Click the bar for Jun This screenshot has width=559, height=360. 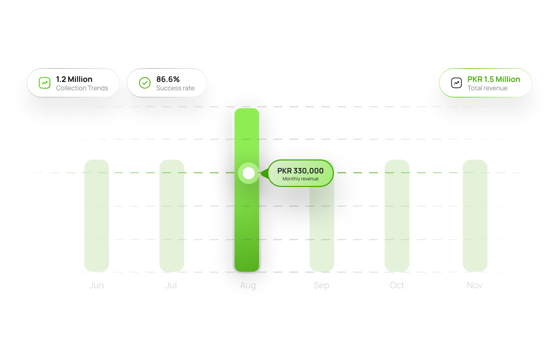pos(97,216)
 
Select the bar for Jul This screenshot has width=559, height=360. pos(172,216)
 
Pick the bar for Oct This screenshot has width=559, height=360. pos(397,216)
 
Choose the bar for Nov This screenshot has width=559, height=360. pos(475,216)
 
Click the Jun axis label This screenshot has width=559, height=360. pos(97,285)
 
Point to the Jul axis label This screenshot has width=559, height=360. pos(171,285)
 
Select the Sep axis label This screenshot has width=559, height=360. pos(321,285)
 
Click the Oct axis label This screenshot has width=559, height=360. pos(397,285)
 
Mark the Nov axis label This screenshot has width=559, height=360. pos(475,285)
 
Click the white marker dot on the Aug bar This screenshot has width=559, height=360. pos(249,173)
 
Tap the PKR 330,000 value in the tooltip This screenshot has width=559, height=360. pos(300,171)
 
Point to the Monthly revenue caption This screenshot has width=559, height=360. pos(300,179)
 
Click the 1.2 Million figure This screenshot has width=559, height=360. pos(74,79)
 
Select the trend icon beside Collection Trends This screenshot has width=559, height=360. pos(44,83)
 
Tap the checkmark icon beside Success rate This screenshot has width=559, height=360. pos(145,83)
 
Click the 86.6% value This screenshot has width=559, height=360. pos(168,79)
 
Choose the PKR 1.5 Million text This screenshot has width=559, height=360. pos(494,79)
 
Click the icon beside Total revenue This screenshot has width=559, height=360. pos(457,83)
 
